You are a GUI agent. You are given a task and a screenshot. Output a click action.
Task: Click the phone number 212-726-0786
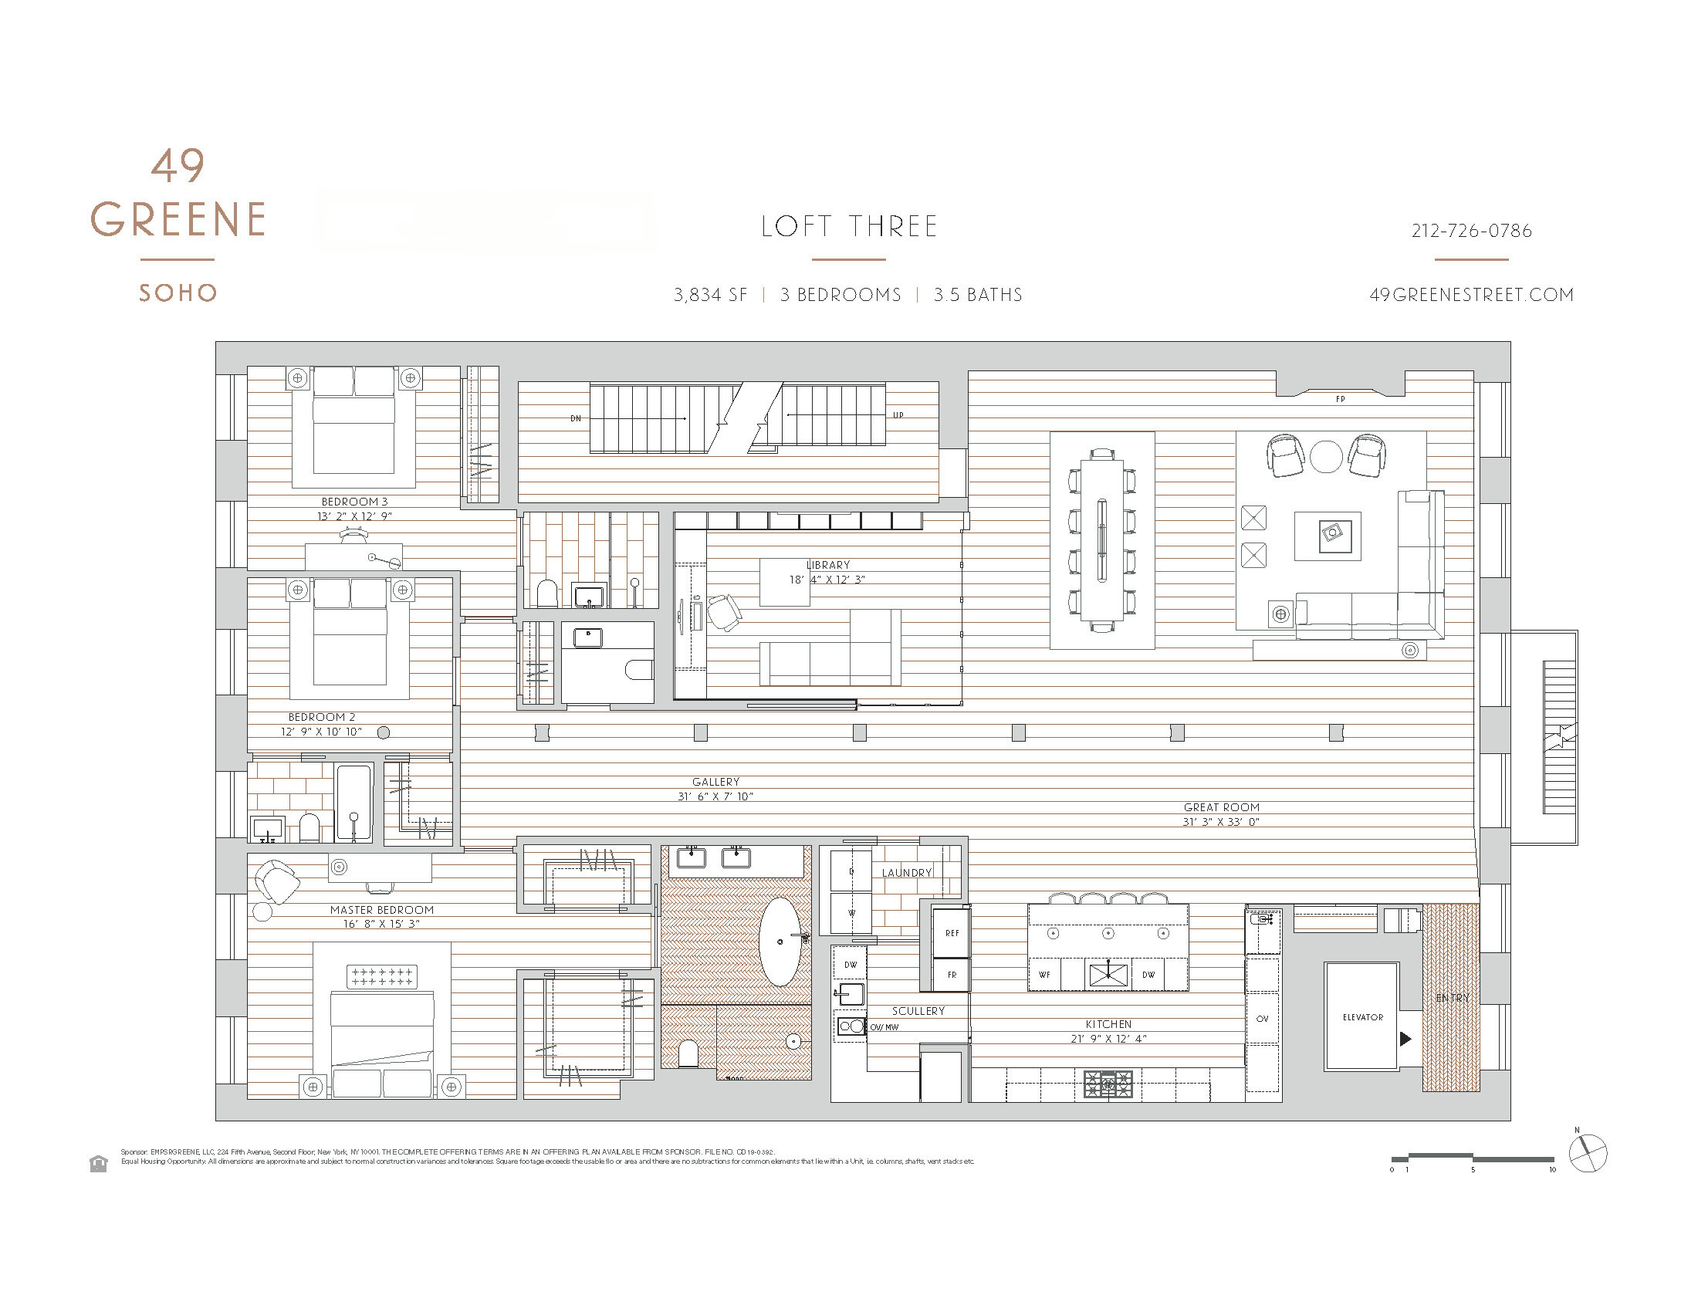coord(1471,231)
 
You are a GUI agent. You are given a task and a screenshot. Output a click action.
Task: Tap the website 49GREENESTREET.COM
coord(1471,295)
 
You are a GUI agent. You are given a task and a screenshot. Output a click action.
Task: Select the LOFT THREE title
coord(849,227)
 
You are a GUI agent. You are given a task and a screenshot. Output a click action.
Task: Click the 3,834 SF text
coord(710,295)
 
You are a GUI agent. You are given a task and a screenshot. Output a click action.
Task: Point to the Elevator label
coord(1362,1016)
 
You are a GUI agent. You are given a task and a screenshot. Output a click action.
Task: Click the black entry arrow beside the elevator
coord(1404,1038)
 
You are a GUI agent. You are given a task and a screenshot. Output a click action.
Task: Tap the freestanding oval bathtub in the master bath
coord(780,942)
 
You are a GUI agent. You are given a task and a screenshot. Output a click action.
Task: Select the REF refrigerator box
coord(952,933)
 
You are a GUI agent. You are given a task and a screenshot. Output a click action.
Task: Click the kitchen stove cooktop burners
coord(1108,1083)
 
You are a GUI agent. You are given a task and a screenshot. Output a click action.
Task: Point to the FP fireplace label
coord(1340,400)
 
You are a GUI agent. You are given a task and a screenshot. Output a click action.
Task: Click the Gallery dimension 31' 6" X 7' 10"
coord(715,796)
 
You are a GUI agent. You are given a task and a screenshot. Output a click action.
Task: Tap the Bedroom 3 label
coord(354,502)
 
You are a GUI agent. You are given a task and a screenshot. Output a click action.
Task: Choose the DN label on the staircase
coord(575,418)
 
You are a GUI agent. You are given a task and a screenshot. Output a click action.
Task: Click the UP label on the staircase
coord(898,415)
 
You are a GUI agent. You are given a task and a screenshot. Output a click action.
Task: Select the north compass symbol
coord(1587,1154)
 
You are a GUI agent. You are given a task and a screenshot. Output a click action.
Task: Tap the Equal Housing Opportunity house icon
coord(98,1164)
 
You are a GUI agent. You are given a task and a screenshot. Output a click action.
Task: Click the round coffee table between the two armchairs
coord(1325,456)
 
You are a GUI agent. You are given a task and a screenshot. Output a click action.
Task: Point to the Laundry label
coord(906,873)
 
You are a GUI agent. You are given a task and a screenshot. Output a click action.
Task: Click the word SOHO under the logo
coord(178,293)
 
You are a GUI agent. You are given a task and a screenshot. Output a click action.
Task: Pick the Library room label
coord(828,565)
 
